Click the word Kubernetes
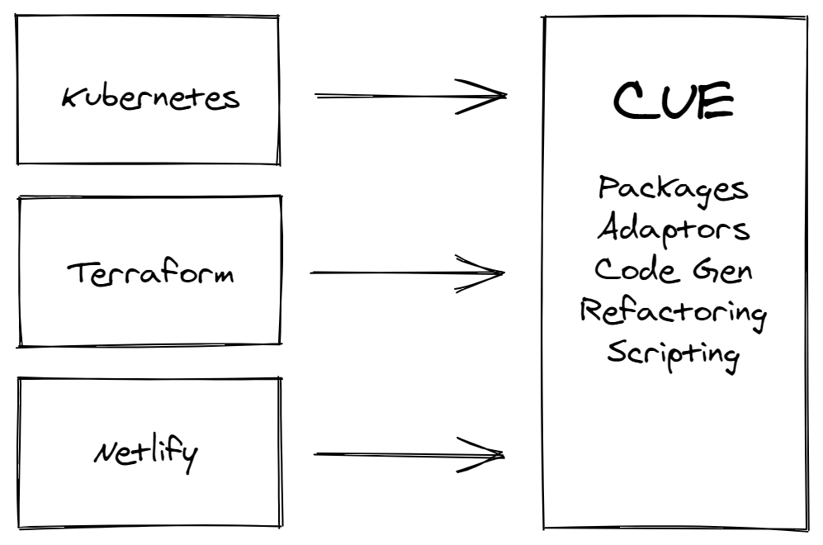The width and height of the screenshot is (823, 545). (150, 97)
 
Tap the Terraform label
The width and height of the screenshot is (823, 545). (150, 273)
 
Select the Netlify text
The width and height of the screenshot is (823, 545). (146, 455)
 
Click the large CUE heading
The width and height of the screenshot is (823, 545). (674, 100)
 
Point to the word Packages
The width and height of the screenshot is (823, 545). (674, 190)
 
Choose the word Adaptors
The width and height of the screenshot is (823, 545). (674, 230)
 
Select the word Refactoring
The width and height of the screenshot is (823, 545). (674, 313)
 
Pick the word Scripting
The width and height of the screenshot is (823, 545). (674, 354)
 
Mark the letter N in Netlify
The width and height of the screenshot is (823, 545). (109, 452)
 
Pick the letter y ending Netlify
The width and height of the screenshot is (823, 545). (188, 458)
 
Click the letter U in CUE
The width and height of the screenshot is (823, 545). (674, 101)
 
